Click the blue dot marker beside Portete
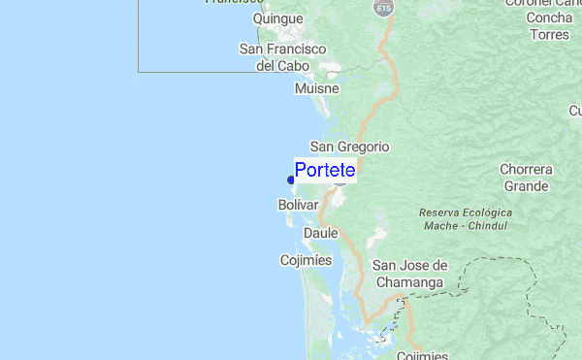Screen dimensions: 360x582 pyautogui.click(x=291, y=179)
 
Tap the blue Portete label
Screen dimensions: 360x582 pyautogui.click(x=325, y=171)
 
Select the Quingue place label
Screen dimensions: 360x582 pyautogui.click(x=277, y=18)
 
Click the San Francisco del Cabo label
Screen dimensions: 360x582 pyautogui.click(x=283, y=57)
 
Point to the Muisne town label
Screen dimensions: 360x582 pyautogui.click(x=317, y=88)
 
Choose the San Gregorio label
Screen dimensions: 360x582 pyautogui.click(x=349, y=147)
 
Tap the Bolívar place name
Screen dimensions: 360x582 pyautogui.click(x=298, y=206)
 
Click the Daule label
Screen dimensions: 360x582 pyautogui.click(x=320, y=233)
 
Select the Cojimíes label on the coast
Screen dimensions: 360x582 pyautogui.click(x=306, y=260)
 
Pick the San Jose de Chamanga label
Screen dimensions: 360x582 pyautogui.click(x=409, y=274)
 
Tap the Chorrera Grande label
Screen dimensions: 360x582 pyautogui.click(x=527, y=178)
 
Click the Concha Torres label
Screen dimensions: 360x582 pyautogui.click(x=550, y=26)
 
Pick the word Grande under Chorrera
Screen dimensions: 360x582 pyautogui.click(x=527, y=186)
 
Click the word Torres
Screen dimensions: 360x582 pyautogui.click(x=550, y=35)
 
